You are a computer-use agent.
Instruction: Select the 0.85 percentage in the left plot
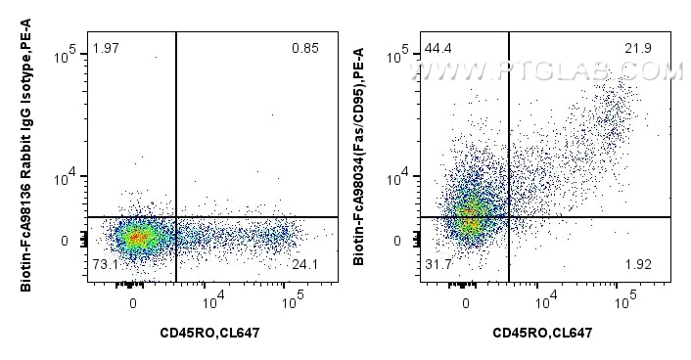304,49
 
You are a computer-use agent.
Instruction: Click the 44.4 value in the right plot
438,49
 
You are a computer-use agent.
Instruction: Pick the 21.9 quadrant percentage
638,49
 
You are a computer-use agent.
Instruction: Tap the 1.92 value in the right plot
638,265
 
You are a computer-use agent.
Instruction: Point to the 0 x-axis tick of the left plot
134,302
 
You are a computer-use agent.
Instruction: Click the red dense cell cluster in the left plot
136,237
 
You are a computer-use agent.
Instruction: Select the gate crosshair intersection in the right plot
509,216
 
